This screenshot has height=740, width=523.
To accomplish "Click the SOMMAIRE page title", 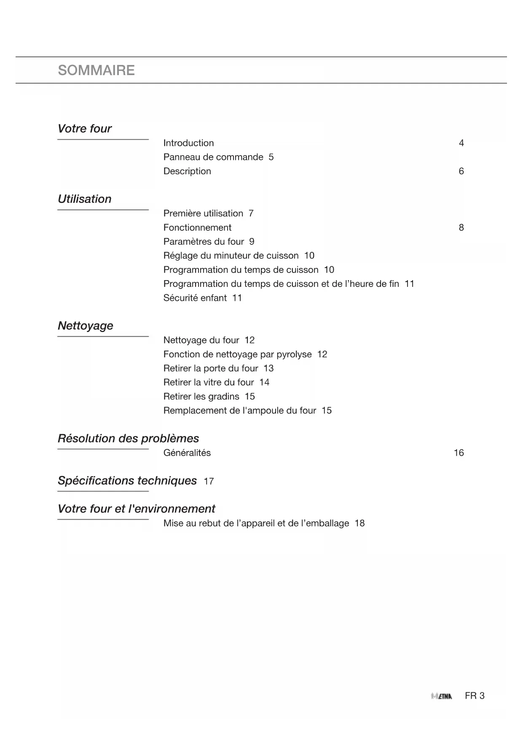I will tap(96, 70).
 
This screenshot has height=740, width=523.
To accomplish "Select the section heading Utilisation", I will tap(84, 199).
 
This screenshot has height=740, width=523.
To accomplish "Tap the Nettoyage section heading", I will tap(85, 326).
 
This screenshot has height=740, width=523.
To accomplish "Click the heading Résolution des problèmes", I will tap(128, 438).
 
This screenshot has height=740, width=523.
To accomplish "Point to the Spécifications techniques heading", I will tap(127, 481).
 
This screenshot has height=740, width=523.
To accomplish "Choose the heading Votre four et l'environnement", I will tap(136, 509).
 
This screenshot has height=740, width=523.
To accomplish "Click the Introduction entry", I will tap(188, 143).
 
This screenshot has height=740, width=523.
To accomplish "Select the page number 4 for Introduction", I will tap(461, 143).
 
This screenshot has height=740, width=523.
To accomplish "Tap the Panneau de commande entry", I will tap(213, 157).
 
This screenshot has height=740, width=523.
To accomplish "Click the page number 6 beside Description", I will tap(461, 171).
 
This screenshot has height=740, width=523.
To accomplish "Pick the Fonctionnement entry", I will tap(197, 227).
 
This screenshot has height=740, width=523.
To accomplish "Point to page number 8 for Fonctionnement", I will tap(461, 227).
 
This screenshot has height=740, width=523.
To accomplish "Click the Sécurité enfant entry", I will tap(195, 298).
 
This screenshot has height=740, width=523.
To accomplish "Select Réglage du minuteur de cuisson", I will tap(231, 256).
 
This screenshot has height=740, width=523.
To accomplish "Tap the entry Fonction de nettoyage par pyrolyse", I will tap(237, 354).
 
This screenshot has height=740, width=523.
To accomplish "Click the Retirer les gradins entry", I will tap(201, 397).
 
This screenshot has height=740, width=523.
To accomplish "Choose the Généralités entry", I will tap(187, 453).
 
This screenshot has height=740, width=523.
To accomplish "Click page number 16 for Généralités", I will tap(459, 453).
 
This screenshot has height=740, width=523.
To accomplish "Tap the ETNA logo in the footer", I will tap(441, 696).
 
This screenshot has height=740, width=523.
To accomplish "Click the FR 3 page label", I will tap(475, 696).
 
